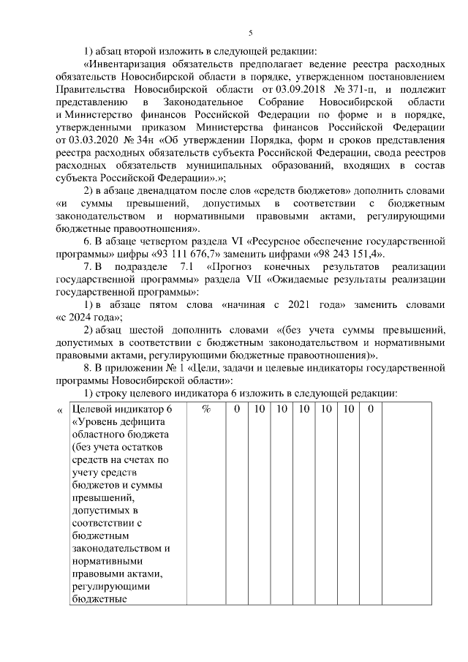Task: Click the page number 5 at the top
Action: [x=250, y=33]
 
